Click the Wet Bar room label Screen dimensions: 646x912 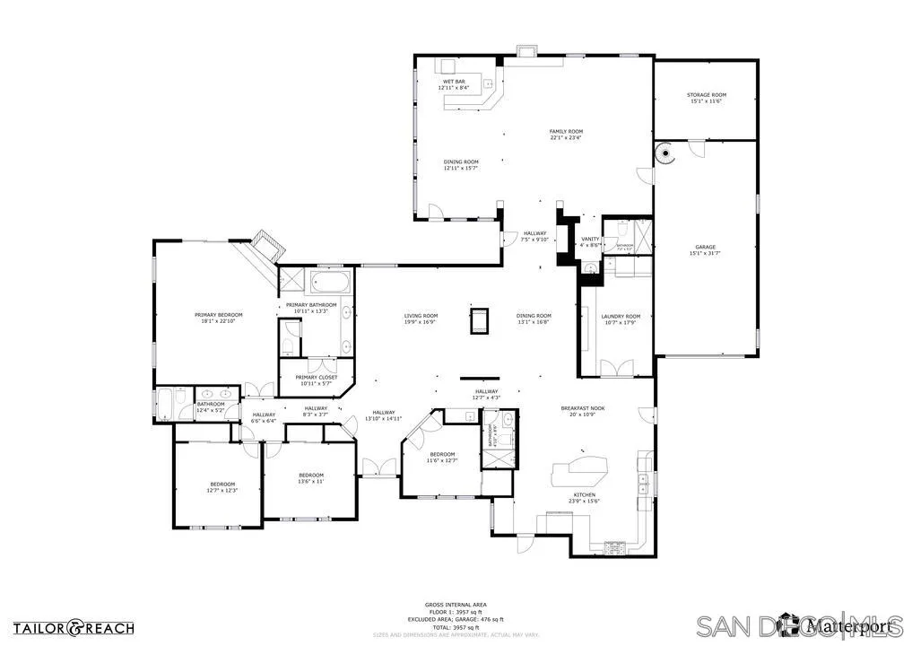(x=452, y=84)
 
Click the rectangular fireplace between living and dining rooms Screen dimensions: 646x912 (x=479, y=319)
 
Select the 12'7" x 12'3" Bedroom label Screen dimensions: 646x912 (x=221, y=487)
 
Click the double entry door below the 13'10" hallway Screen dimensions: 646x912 (x=378, y=467)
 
